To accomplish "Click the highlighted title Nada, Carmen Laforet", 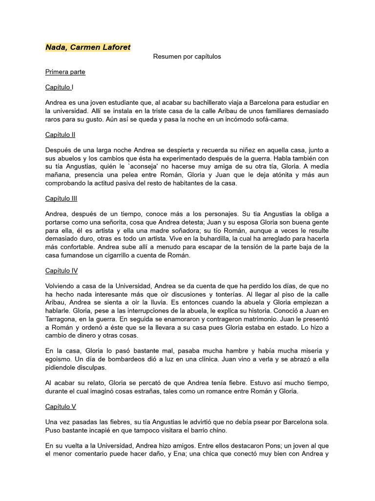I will [88, 47].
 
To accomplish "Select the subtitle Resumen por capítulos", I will [187, 57].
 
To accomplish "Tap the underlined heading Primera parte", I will [65, 72].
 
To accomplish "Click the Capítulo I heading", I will [59, 88].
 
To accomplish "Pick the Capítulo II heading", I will [60, 135].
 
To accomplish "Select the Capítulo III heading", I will [61, 199].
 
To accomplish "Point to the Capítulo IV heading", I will [61, 271].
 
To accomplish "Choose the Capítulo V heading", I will [60, 407].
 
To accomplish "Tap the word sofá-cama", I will [271, 119].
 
